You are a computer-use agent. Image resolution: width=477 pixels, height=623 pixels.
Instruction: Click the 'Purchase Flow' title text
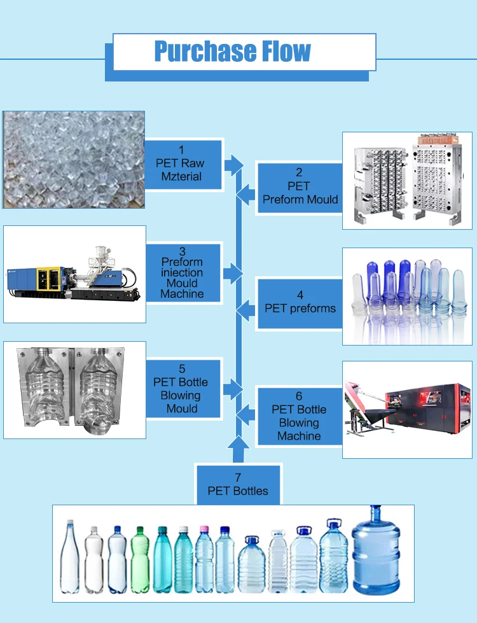(x=233, y=51)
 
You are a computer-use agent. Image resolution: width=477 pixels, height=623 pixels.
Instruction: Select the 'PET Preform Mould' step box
(x=299, y=186)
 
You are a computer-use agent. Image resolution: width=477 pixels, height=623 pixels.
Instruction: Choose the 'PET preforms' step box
(x=299, y=302)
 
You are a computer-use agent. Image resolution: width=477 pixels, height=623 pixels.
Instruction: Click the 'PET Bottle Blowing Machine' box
(x=299, y=416)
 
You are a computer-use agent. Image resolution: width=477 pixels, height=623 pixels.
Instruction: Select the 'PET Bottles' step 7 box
(x=238, y=484)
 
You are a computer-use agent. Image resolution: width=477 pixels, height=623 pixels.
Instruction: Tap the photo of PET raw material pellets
(x=74, y=160)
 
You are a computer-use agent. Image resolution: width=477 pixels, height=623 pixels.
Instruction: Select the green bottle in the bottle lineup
(x=140, y=560)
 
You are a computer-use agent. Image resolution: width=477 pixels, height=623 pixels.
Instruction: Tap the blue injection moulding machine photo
(x=74, y=274)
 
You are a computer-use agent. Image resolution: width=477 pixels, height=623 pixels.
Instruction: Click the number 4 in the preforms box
(x=300, y=295)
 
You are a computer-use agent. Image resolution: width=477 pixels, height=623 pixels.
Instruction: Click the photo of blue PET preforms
(x=407, y=296)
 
